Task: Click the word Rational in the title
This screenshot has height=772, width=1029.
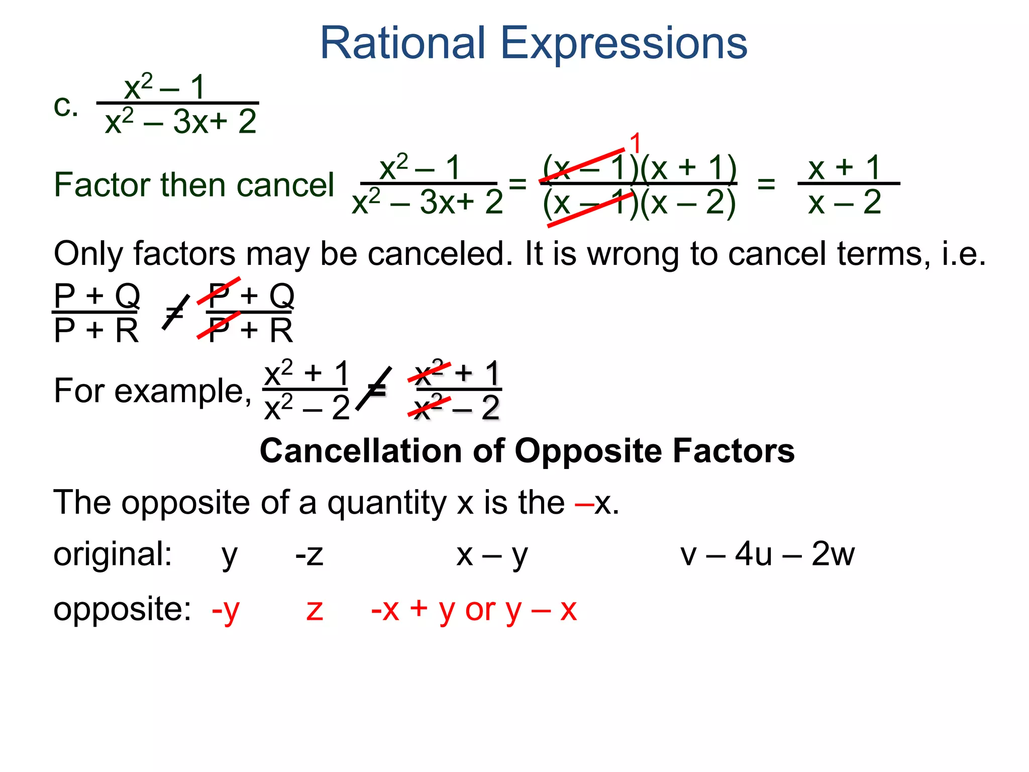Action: (x=403, y=43)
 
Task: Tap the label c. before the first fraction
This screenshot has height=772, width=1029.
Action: (x=66, y=107)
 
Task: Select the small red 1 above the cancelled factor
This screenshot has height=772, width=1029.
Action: (x=636, y=143)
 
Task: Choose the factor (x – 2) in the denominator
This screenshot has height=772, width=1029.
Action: (x=688, y=203)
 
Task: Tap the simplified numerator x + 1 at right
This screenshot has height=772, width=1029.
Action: (x=844, y=167)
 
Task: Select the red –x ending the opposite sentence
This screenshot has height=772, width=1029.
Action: (x=595, y=503)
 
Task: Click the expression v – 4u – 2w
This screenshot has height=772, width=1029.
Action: (x=767, y=554)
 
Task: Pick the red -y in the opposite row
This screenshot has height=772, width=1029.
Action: (x=226, y=610)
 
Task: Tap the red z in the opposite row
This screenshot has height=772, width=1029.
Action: (x=315, y=611)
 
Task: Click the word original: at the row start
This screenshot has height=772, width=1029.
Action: (x=113, y=554)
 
